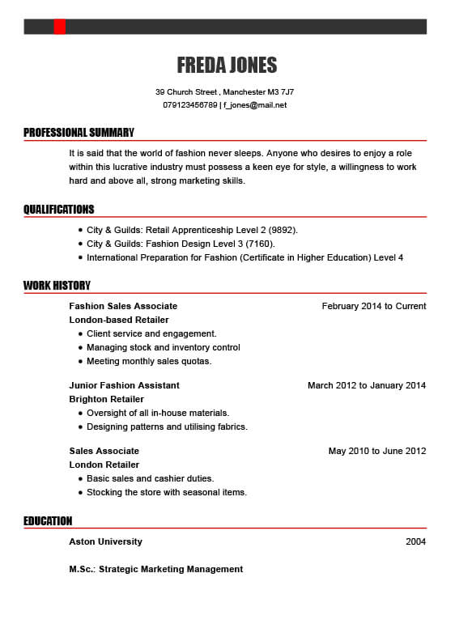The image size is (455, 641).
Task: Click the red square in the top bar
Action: coord(60,27)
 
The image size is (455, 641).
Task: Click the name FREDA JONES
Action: coord(227,66)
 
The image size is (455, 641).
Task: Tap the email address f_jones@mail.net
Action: coord(255,105)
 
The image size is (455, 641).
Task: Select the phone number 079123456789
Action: coord(190,105)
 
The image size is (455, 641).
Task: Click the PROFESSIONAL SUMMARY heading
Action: coord(79,133)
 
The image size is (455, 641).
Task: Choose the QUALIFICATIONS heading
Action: coord(58,210)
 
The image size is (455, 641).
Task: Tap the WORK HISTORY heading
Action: coord(57,286)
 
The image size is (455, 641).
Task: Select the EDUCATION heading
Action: coord(48,521)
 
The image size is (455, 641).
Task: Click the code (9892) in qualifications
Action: coord(283,230)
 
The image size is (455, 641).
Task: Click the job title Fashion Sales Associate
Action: coord(123,306)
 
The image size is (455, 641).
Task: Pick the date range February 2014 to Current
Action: coord(373,306)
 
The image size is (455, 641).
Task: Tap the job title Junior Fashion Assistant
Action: coord(124,385)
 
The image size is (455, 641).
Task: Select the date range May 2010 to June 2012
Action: coord(376,451)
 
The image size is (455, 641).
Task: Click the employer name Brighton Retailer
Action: coord(106,399)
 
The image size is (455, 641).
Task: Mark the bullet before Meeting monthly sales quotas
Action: coord(80,362)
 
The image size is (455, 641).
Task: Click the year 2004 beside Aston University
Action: coord(415,541)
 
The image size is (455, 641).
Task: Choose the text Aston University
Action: coord(105,541)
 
